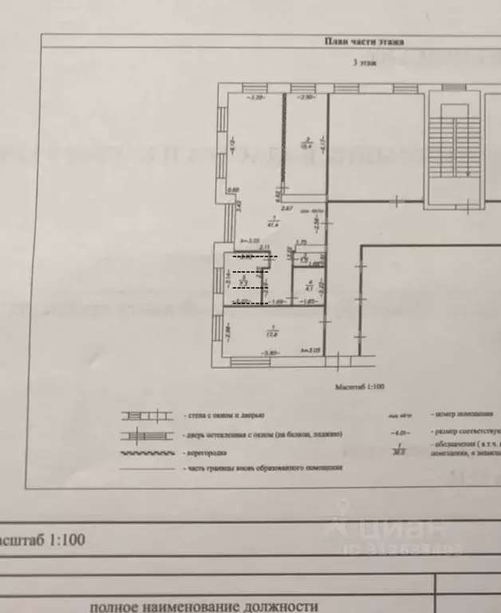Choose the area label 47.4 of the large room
pyautogui.click(x=274, y=224)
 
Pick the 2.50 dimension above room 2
pyautogui.click(x=306, y=97)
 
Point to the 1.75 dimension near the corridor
pyautogui.click(x=301, y=243)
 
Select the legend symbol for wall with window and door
pyautogui.click(x=145, y=415)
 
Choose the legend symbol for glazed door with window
pyautogui.click(x=145, y=435)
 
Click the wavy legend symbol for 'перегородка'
pyautogui.click(x=145, y=452)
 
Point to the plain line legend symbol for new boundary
pyautogui.click(x=145, y=468)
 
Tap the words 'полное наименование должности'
pyautogui.click(x=203, y=606)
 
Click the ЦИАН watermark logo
pyautogui.click(x=392, y=531)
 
